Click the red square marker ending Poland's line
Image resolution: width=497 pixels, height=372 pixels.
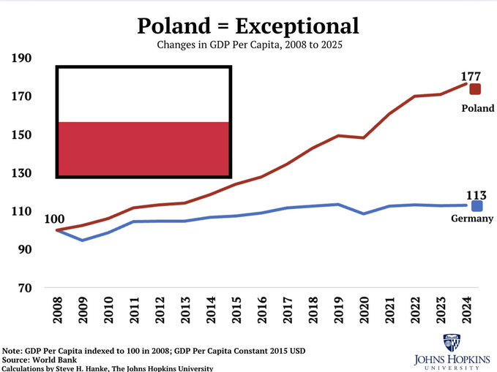tap(475, 89)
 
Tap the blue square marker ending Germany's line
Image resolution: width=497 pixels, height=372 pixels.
tap(477, 206)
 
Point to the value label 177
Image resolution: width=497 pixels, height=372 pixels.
tap(471, 76)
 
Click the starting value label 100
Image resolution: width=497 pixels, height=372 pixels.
tap(54, 219)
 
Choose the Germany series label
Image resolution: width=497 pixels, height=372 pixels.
tap(472, 219)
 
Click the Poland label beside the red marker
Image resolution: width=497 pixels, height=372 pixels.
tap(478, 108)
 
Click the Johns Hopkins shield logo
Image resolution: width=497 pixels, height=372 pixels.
tap(452, 343)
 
